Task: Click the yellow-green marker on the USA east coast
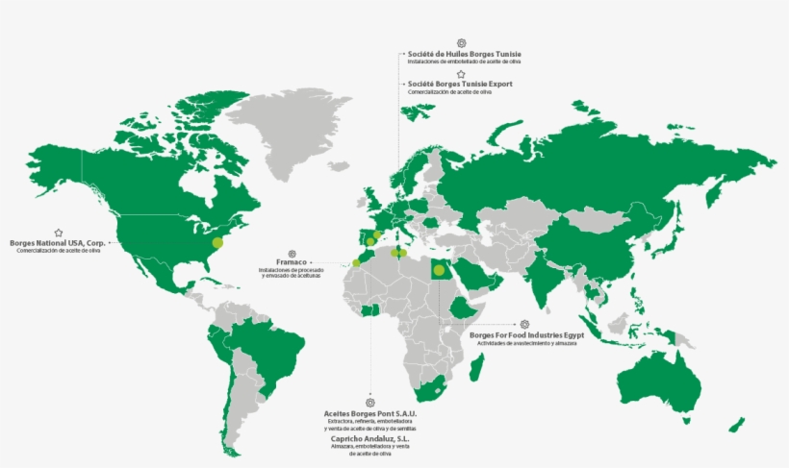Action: tap(217, 242)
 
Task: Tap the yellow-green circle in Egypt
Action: tap(439, 270)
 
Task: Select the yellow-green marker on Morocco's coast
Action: tap(357, 262)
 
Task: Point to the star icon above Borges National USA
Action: tap(59, 233)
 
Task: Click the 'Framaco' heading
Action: tap(293, 263)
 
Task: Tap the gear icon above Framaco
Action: tap(293, 254)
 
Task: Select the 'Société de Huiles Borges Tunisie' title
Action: tap(464, 54)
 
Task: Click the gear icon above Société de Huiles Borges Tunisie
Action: tap(462, 43)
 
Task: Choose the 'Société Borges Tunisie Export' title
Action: tap(460, 84)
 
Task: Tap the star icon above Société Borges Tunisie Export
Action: tap(462, 73)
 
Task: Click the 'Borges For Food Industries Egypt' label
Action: tap(526, 335)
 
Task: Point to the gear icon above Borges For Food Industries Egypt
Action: tap(524, 325)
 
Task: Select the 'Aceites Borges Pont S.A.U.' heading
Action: tap(370, 413)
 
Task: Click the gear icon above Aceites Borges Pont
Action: tap(370, 403)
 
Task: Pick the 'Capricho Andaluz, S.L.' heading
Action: tap(370, 438)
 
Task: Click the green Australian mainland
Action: tap(659, 380)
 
